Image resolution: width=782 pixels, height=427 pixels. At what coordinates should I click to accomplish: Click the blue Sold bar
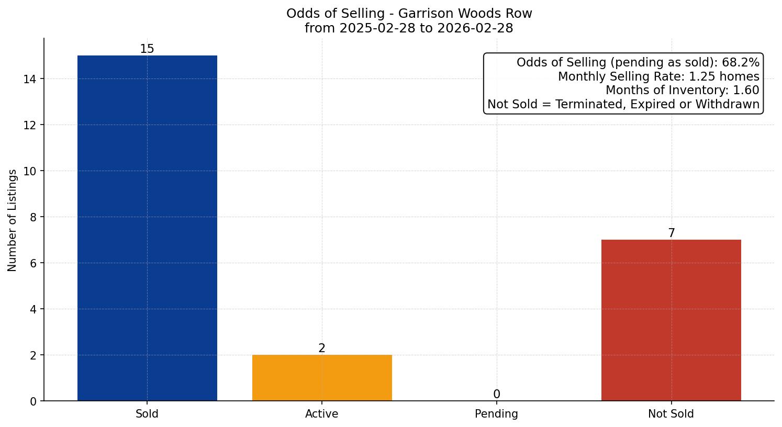pyautogui.click(x=147, y=228)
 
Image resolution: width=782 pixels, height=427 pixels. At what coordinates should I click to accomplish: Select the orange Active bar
pyautogui.click(x=322, y=378)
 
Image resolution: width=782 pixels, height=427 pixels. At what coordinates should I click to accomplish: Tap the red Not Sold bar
pyautogui.click(x=671, y=320)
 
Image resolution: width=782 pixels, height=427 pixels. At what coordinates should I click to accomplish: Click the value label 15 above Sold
pyautogui.click(x=147, y=49)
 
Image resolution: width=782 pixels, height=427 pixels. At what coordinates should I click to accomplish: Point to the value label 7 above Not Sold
pyautogui.click(x=671, y=233)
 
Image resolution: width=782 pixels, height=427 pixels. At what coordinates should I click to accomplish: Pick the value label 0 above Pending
pyautogui.click(x=496, y=395)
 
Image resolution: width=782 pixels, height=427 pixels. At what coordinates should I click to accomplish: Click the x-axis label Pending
pyautogui.click(x=496, y=414)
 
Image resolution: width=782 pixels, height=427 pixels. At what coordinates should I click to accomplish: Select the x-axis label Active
pyautogui.click(x=322, y=414)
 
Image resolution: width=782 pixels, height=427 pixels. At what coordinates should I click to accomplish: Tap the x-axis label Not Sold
pyautogui.click(x=671, y=414)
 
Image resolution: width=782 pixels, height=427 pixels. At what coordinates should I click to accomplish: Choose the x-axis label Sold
pyautogui.click(x=147, y=414)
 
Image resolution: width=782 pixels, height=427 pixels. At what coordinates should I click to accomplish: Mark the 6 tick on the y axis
pyautogui.click(x=33, y=263)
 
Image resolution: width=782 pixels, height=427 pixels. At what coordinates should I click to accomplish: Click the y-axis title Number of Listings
pyautogui.click(x=13, y=220)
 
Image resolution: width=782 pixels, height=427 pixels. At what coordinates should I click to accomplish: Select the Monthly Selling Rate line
pyautogui.click(x=658, y=76)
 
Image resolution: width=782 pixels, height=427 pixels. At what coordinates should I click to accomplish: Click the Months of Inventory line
pyautogui.click(x=682, y=90)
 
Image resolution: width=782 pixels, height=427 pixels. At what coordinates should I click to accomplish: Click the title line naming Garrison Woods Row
pyautogui.click(x=409, y=14)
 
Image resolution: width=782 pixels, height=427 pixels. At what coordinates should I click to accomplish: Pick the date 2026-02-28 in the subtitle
pyautogui.click(x=475, y=28)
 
